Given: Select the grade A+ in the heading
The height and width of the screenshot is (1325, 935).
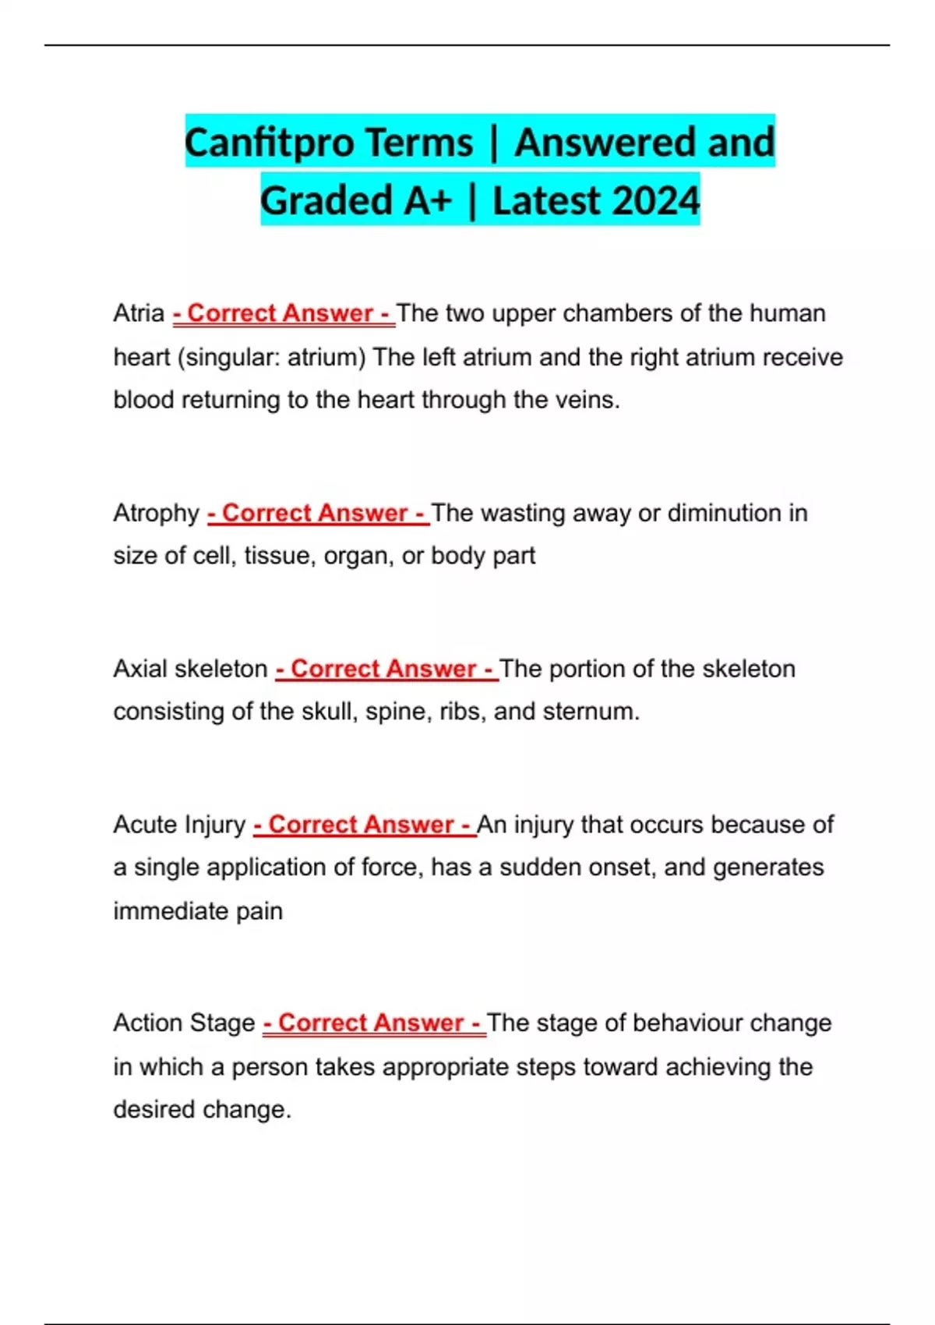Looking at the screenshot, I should tap(428, 201).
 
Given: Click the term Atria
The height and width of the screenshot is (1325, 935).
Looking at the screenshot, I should tap(139, 313).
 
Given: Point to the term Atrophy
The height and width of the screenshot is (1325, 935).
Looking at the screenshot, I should tap(157, 513).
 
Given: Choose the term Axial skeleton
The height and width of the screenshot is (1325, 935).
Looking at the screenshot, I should tap(190, 669).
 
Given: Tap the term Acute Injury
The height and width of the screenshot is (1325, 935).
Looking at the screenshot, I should tap(179, 825).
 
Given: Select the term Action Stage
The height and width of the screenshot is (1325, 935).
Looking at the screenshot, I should tap(184, 1023).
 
